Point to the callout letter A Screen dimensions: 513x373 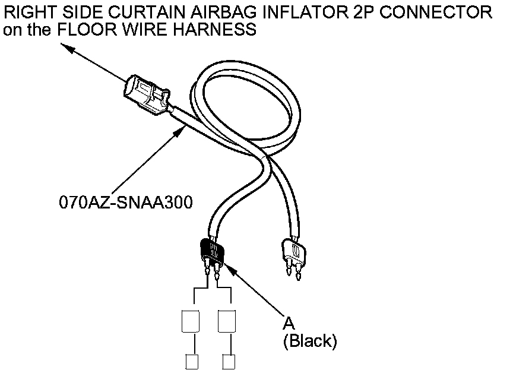[289, 323]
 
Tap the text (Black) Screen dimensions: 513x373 [310, 341]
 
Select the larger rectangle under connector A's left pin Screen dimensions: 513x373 [189, 320]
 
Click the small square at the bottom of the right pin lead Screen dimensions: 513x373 [227, 361]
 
